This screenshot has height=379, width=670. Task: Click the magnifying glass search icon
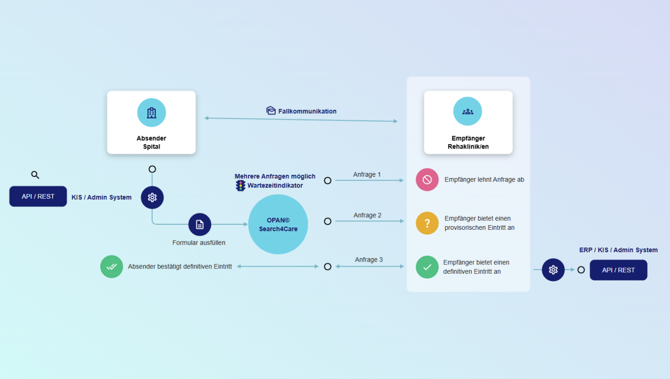coord(35,175)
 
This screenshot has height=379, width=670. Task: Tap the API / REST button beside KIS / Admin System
coord(38,196)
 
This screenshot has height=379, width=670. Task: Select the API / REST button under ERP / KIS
coord(618,270)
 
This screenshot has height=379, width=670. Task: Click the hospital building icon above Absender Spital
coord(152,113)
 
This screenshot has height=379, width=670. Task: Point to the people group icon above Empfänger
coord(468,111)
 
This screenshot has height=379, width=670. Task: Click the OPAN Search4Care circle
coord(278,224)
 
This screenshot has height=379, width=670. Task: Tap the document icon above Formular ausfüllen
coord(200,225)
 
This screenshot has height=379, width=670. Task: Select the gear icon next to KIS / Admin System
coord(152,197)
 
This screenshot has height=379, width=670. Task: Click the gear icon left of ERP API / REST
coord(553,270)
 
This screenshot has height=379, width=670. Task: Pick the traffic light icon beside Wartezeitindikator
coord(241,186)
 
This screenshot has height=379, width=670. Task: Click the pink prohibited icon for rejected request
coord(427,180)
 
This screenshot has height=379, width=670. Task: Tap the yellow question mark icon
coord(427,223)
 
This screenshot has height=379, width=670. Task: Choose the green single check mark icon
coord(427,267)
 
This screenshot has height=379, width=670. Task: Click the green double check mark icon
coord(112,267)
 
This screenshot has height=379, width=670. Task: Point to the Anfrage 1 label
coord(367,174)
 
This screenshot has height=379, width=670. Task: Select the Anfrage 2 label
coord(368,215)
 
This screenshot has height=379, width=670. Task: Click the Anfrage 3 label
coord(369,260)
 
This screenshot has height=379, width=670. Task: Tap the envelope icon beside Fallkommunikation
coord(271,110)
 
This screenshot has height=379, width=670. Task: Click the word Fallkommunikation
coord(308,111)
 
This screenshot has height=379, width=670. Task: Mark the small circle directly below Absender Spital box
coord(152,169)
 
